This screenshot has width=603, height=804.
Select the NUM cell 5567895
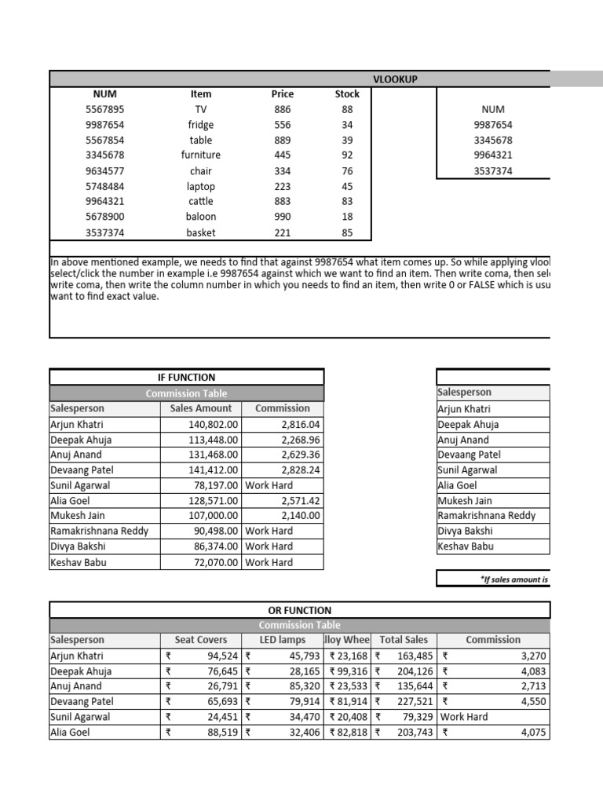pos(104,110)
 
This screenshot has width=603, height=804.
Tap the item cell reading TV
pos(201,110)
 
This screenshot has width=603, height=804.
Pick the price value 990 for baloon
pos(282,217)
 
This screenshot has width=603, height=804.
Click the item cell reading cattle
pos(201,202)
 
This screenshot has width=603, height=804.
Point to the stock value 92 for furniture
pos(347,155)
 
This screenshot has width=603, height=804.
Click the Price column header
pos(282,94)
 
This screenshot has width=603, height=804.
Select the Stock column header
pos(347,94)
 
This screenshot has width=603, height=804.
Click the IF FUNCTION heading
pos(186,378)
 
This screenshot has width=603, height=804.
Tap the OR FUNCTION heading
pos(299,610)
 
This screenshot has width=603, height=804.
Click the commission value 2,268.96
pos(300,440)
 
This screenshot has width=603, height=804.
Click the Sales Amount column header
pos(201,408)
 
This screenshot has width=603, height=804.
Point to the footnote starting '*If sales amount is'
pos(514,579)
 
